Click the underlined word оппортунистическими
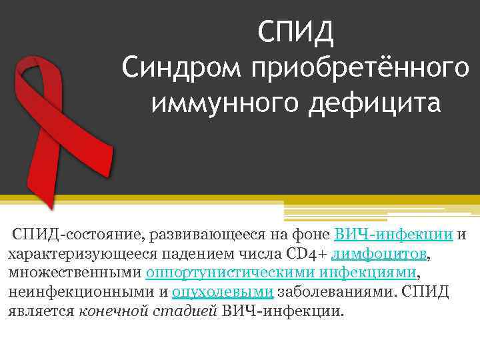coord(231,273)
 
